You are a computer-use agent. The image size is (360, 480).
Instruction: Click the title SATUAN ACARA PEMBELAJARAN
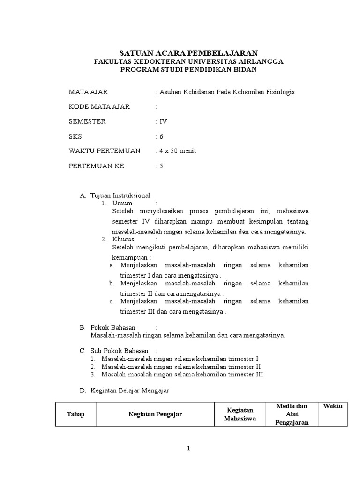[188, 52]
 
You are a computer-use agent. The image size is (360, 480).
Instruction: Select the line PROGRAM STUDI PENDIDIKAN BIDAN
[188, 70]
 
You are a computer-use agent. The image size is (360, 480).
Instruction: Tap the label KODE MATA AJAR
[99, 106]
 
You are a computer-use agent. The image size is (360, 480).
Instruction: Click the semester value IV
[163, 121]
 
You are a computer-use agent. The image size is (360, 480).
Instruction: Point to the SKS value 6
[161, 136]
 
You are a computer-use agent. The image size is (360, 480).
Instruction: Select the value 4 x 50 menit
[178, 151]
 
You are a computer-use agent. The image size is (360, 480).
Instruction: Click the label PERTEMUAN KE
[97, 166]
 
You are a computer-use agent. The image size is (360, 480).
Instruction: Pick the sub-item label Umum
[122, 203]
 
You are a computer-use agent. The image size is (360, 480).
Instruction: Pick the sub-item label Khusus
[123, 239]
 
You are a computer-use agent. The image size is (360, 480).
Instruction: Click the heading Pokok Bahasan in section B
[113, 327]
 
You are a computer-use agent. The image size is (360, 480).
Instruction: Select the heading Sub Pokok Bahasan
[120, 351]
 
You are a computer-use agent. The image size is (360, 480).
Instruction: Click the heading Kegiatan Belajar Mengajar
[129, 390]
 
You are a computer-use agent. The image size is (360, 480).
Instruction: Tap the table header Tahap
[75, 414]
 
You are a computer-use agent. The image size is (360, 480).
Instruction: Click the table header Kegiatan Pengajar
[155, 414]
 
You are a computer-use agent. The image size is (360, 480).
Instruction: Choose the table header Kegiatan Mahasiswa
[240, 414]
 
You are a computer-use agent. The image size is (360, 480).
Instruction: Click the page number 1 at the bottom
[188, 449]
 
